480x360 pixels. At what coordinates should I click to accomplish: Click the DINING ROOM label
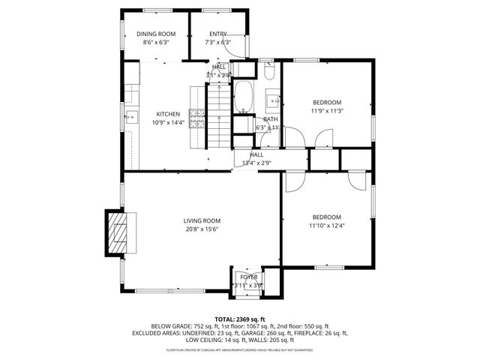(x=155, y=34)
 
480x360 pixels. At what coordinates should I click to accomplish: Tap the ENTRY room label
(x=217, y=34)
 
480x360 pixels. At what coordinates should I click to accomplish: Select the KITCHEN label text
(x=167, y=114)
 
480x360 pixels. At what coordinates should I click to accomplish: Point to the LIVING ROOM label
(x=202, y=220)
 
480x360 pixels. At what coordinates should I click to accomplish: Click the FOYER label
(x=248, y=277)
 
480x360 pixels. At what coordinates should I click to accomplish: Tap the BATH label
(x=270, y=119)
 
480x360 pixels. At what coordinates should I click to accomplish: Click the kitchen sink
(x=130, y=117)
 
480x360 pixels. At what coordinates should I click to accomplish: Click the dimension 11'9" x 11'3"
(x=326, y=111)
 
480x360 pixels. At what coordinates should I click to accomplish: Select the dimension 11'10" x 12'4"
(x=326, y=225)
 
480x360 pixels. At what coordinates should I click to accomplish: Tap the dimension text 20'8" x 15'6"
(x=202, y=229)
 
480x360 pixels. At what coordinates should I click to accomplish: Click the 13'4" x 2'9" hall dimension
(x=256, y=163)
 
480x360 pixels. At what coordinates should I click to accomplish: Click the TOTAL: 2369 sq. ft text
(x=240, y=319)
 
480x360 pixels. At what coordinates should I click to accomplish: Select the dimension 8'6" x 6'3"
(x=155, y=43)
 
